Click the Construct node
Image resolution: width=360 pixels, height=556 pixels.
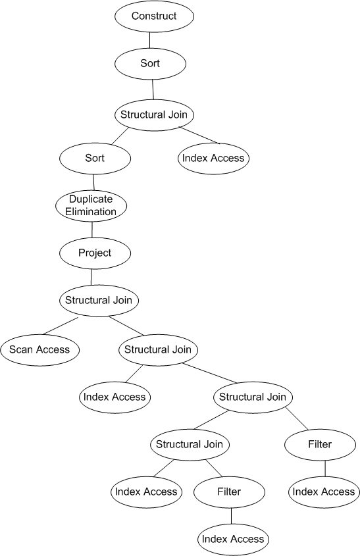click(154, 16)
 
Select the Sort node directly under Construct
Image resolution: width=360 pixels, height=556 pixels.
click(150, 63)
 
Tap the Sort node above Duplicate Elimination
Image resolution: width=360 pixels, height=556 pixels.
click(95, 158)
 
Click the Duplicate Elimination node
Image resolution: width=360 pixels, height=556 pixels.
click(91, 206)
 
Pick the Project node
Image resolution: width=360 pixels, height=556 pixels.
click(95, 253)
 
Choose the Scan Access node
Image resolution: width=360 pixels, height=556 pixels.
click(39, 349)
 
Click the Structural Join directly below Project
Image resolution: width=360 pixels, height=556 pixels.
click(99, 300)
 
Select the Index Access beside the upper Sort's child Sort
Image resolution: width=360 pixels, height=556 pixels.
click(213, 158)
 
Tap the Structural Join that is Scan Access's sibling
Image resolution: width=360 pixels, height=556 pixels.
click(158, 349)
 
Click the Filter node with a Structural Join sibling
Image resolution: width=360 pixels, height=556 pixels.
click(320, 445)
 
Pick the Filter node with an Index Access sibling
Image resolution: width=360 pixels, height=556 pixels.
click(229, 492)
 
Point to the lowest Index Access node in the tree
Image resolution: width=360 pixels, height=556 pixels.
click(233, 540)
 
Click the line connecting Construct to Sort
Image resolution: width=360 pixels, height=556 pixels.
click(149, 40)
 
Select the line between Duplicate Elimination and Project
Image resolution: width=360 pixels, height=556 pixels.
click(92, 230)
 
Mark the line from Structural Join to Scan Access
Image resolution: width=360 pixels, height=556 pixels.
click(60, 326)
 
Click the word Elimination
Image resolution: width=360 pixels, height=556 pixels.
click(91, 212)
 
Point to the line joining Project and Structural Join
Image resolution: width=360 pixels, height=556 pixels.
click(91, 277)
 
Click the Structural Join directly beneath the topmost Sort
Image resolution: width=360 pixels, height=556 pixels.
click(154, 115)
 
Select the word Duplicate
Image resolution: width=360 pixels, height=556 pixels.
click(91, 199)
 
